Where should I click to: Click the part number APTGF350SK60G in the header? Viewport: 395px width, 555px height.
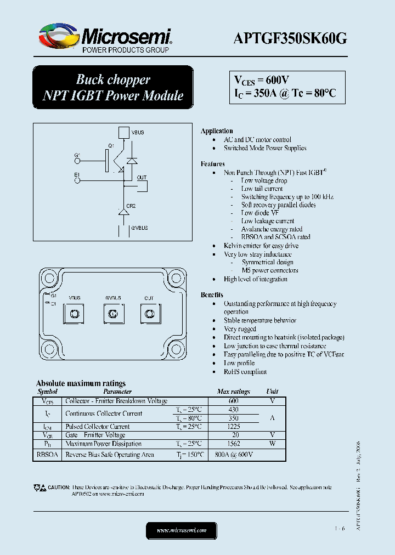click(290, 38)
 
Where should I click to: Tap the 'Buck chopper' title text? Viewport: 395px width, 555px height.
click(112, 80)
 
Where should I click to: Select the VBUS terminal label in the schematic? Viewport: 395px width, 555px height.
click(138, 133)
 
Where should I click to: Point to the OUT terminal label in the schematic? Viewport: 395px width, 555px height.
click(142, 178)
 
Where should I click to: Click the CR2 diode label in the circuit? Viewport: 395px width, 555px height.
click(131, 206)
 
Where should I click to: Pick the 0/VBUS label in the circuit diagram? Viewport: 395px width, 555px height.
click(139, 227)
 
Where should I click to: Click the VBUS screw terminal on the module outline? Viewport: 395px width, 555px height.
click(75, 314)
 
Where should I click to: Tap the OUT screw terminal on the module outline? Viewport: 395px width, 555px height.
click(149, 314)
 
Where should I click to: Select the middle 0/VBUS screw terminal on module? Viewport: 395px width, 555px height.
click(112, 314)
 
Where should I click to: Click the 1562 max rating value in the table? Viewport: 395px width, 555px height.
click(233, 444)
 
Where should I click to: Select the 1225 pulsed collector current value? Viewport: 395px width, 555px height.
click(233, 427)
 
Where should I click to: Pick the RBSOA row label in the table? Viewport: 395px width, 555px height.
click(47, 455)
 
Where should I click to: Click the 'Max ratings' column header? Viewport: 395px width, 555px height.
click(233, 392)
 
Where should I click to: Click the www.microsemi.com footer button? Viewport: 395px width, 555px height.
click(182, 530)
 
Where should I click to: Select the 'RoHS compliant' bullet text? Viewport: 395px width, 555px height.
click(245, 372)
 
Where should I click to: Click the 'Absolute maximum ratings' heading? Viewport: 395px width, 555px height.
click(81, 383)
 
